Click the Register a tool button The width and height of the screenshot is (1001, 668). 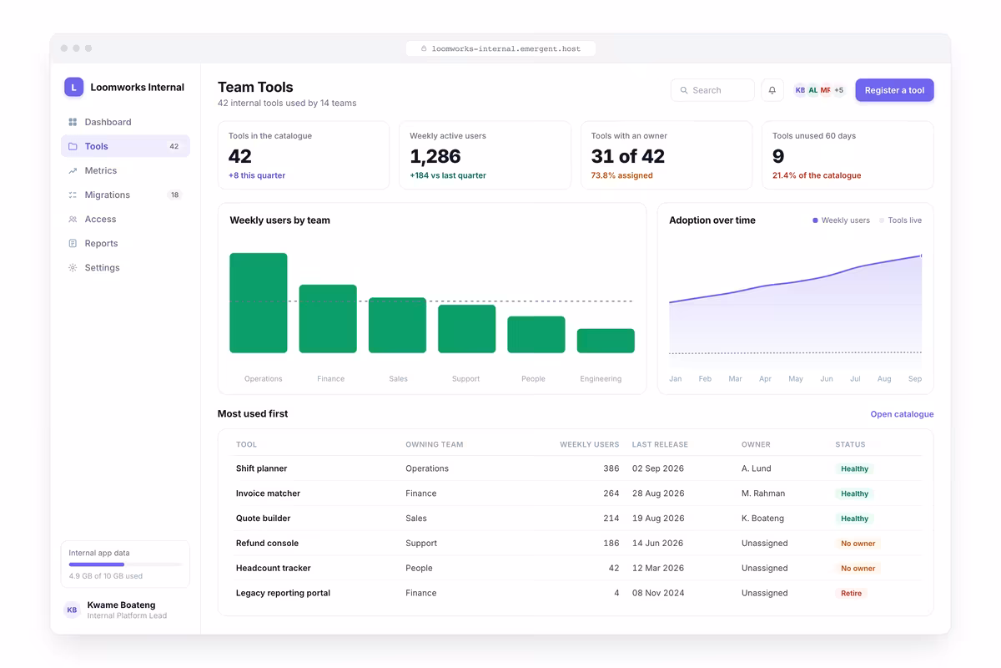[894, 90]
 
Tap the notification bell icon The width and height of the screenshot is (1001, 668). [772, 90]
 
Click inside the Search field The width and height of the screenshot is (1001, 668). [712, 90]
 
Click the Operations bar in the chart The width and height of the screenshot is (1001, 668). [259, 303]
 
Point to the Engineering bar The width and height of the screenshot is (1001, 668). [606, 341]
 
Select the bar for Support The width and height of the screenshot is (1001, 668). [466, 329]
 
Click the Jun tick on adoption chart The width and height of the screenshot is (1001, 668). [827, 378]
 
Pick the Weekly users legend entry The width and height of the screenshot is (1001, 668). [841, 220]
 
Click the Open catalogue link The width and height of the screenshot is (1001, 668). [902, 414]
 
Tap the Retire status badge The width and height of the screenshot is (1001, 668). [851, 593]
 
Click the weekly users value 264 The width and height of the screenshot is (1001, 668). [611, 493]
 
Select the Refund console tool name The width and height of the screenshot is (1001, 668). [267, 543]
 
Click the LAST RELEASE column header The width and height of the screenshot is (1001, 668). [660, 444]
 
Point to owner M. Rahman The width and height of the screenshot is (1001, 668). [762, 493]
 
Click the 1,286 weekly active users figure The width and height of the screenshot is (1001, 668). [435, 156]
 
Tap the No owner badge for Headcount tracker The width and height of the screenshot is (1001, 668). [858, 569]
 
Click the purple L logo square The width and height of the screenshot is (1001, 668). [73, 87]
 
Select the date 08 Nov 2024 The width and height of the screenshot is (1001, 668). [658, 593]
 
